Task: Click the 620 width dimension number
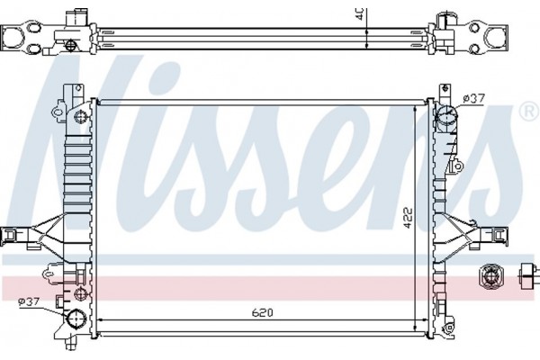pyautogui.click(x=261, y=314)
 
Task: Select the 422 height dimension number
pyautogui.click(x=406, y=218)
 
